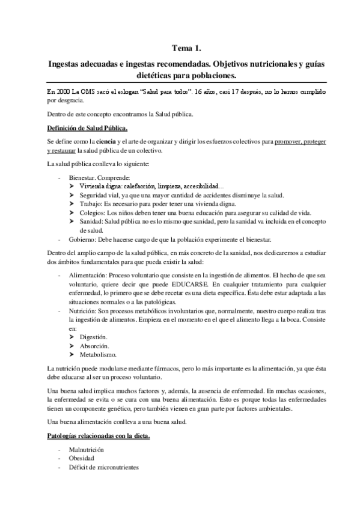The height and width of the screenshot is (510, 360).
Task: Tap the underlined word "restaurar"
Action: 59,150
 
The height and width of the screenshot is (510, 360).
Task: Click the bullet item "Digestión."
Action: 93,338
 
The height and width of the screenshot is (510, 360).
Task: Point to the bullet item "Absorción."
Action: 94,347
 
